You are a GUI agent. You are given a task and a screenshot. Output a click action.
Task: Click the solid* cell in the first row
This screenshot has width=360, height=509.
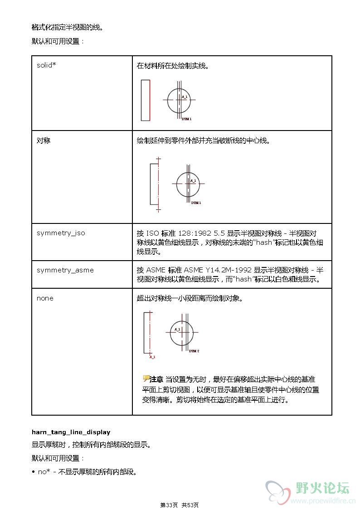click(46, 65)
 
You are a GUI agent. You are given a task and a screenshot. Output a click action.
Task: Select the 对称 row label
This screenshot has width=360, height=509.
click(44, 141)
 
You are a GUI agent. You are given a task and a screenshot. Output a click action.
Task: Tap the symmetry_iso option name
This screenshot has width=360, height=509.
click(61, 233)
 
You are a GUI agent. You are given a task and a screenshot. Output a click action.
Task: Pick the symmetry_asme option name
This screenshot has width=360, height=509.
click(65, 270)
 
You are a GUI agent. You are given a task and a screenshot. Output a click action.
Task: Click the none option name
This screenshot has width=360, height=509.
click(45, 298)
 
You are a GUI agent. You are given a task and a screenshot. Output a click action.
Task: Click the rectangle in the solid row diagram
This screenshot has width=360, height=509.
click(145, 100)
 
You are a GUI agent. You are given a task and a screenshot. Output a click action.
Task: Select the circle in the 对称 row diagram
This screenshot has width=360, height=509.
click(188, 184)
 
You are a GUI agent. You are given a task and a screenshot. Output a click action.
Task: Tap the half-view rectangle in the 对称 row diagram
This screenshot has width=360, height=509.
click(154, 184)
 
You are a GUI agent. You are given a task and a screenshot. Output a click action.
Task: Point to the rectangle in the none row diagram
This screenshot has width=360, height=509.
click(147, 332)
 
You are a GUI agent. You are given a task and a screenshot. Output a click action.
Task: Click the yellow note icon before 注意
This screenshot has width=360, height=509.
click(146, 378)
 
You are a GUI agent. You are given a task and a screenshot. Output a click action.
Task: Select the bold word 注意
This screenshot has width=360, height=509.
click(156, 379)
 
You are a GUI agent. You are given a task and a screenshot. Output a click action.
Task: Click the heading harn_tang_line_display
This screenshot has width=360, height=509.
click(71, 432)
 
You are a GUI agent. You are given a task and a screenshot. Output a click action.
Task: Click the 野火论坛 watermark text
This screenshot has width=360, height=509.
click(322, 488)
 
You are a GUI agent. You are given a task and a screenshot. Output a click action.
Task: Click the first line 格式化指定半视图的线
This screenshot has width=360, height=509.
click(68, 27)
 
